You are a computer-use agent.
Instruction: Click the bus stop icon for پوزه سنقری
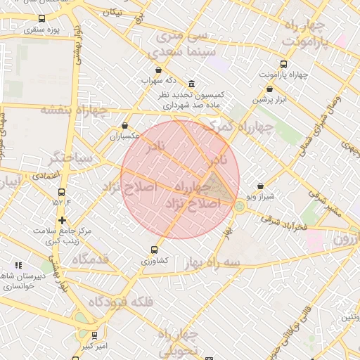point(41,19)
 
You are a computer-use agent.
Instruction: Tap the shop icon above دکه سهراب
point(158,70)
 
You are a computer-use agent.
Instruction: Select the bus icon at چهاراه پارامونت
point(283,63)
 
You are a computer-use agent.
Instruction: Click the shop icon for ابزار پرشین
point(270,89)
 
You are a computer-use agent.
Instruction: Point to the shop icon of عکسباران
point(125,125)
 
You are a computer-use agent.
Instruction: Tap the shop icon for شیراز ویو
point(261,186)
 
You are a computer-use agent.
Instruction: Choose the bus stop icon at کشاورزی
point(155,249)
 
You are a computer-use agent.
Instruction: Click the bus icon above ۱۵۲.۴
point(62,191)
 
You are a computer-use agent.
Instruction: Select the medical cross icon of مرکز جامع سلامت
point(63,221)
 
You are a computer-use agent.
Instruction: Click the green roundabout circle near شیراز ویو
point(240,206)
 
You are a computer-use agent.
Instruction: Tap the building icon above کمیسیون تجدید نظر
point(192,83)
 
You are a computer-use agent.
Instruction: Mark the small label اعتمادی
point(46,174)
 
